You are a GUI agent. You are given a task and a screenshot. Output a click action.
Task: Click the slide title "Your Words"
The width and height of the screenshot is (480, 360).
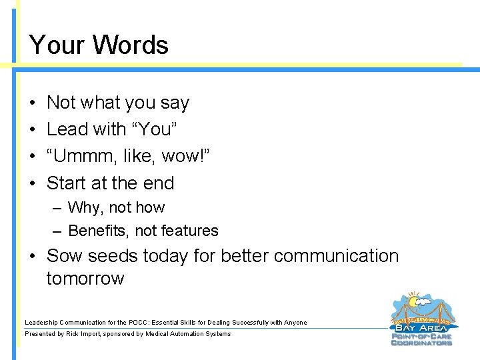point(99,45)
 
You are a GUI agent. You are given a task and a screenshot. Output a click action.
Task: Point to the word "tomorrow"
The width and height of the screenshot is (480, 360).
point(85,278)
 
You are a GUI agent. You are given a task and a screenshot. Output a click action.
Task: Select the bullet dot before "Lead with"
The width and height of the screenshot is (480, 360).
point(33,129)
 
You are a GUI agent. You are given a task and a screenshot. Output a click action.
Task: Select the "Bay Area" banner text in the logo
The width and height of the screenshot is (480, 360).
point(421,328)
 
